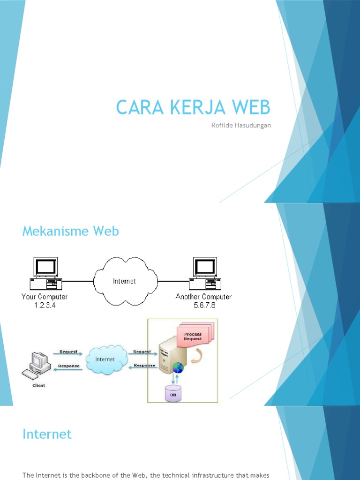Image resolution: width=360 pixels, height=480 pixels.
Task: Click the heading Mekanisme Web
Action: point(71,231)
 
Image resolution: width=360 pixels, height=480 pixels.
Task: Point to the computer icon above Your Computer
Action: point(45,273)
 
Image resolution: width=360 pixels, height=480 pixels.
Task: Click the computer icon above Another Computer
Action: point(205,273)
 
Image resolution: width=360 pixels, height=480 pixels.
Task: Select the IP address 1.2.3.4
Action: point(45,305)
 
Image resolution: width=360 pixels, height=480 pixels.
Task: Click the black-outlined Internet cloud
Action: point(124,281)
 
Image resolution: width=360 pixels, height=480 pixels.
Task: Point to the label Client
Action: point(38,385)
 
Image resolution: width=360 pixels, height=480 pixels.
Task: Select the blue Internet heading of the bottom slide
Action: point(47,434)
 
